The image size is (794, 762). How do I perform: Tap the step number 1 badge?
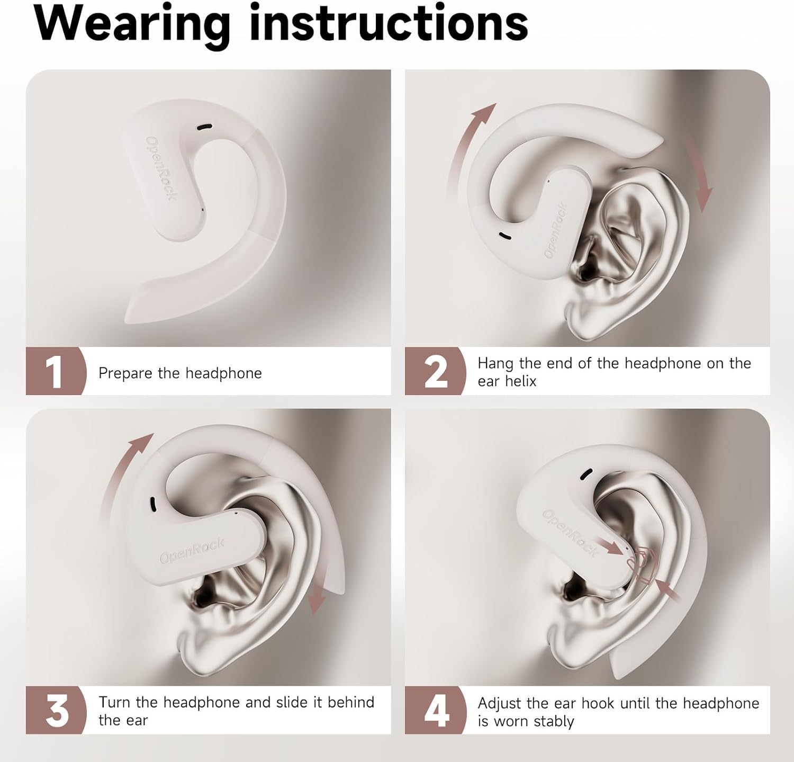pos(56,371)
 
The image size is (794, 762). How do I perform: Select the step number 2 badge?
pos(435,371)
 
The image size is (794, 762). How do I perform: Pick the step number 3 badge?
pos(56,710)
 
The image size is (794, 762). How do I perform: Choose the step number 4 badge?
pos(435,710)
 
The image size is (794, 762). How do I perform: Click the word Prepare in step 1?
pos(125,373)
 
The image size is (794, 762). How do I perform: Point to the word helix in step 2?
pos(522,381)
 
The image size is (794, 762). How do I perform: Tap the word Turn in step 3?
pos(115,702)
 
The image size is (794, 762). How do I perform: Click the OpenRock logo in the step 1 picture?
pos(161,168)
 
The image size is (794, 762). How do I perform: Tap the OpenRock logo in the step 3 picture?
pos(192,551)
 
